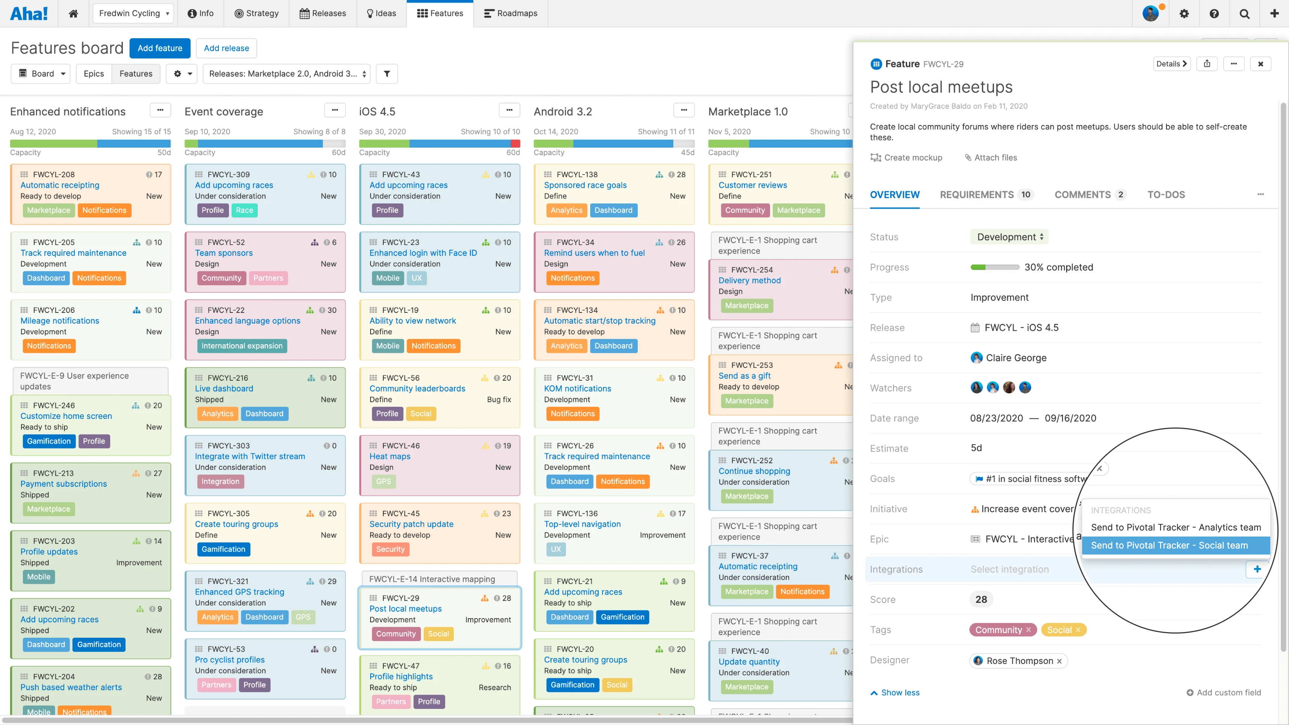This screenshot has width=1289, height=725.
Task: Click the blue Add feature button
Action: (160, 48)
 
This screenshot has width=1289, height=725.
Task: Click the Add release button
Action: (226, 48)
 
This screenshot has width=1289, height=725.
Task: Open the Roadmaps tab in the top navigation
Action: (510, 13)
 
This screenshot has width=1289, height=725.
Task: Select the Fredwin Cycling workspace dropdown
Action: (133, 13)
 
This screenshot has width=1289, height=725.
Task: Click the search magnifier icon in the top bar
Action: (1244, 14)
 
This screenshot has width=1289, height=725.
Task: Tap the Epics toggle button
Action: (94, 73)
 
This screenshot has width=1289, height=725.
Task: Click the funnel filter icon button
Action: (387, 73)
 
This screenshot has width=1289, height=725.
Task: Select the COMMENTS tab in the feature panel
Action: (1082, 194)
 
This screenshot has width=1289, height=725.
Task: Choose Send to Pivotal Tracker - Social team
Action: (1169, 546)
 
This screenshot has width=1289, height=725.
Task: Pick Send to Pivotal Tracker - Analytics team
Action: (1175, 528)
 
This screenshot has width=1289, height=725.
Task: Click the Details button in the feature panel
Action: (1171, 64)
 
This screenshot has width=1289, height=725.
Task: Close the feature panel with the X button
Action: (1260, 64)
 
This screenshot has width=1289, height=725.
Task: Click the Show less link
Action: (900, 692)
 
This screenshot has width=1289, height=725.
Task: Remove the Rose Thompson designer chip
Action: (1059, 661)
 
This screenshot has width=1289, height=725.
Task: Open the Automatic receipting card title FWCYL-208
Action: (60, 185)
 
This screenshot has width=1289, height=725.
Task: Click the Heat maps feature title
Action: (390, 456)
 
